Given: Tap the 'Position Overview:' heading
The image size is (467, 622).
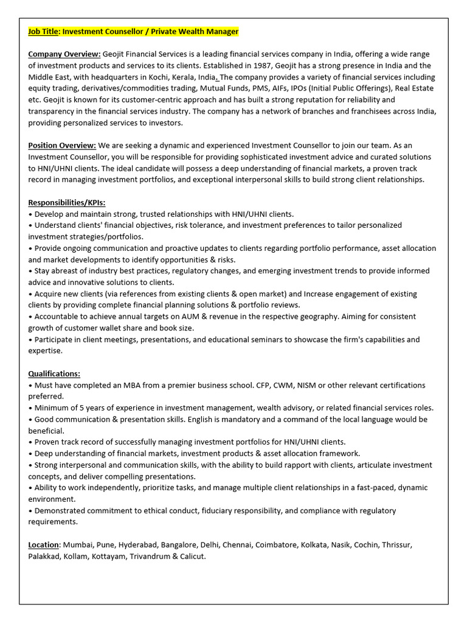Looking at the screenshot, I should tap(62, 145).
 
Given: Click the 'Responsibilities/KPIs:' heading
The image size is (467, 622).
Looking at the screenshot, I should tap(66, 202).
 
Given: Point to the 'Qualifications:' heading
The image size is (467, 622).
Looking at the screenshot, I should tap(54, 374).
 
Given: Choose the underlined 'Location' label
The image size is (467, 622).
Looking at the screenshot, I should tap(44, 545).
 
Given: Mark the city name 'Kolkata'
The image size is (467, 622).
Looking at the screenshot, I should tap(314, 545).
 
